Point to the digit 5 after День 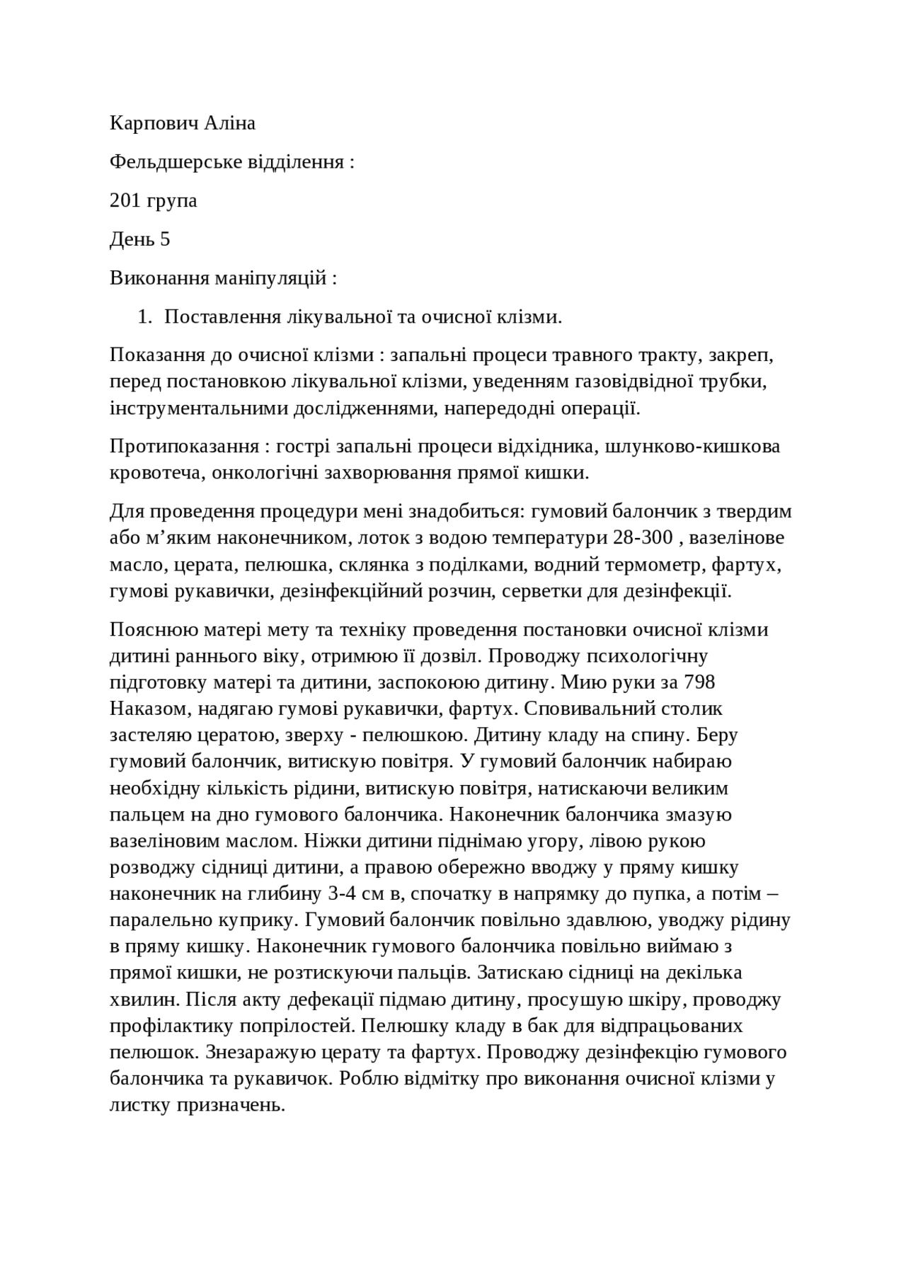[165, 239]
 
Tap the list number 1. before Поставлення [144, 316]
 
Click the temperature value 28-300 [641, 538]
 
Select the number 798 [699, 682]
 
